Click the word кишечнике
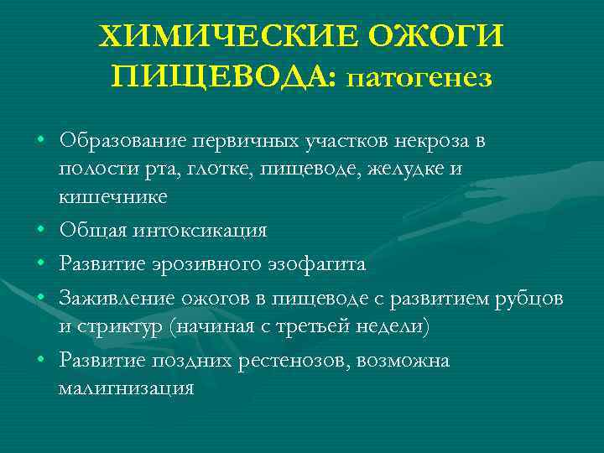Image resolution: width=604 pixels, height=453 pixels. click(112, 197)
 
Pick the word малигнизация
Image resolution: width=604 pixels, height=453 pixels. click(126, 388)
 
